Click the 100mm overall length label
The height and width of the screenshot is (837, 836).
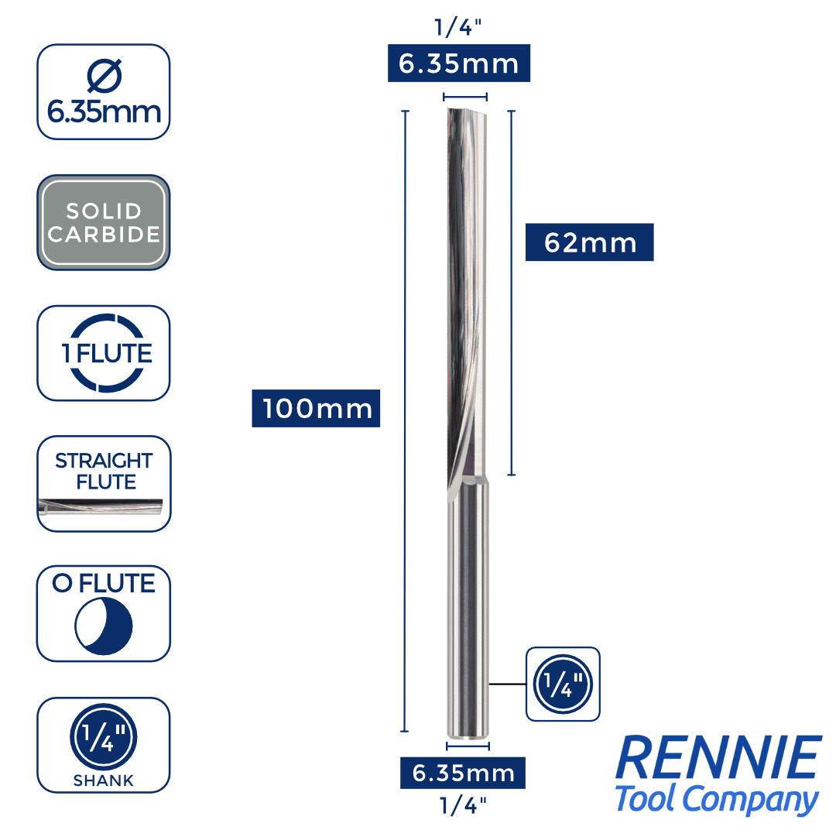pos(316,408)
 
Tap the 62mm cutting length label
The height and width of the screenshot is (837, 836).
pos(589,242)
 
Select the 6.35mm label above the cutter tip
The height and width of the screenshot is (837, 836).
pos(458,63)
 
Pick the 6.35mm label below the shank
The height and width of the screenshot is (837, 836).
pos(463,772)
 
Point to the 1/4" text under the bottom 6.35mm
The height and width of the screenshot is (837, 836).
pos(462,805)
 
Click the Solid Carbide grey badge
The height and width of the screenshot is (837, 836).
pos(104,222)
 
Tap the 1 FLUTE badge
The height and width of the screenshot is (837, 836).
pos(104,353)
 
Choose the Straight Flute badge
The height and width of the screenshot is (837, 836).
pos(104,471)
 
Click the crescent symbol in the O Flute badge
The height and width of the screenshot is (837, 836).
pos(104,623)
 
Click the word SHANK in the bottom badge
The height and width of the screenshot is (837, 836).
pos(104,780)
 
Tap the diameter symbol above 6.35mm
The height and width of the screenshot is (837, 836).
pos(104,76)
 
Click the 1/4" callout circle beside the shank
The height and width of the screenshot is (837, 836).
pos(563,684)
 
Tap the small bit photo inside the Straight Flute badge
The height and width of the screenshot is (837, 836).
pos(101,508)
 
